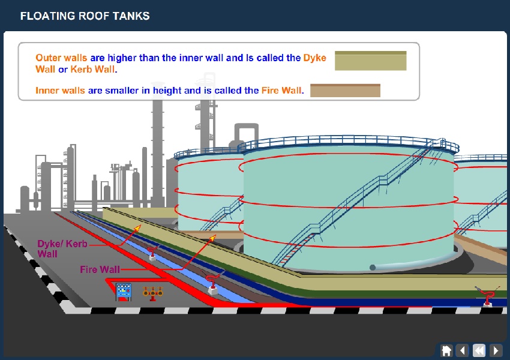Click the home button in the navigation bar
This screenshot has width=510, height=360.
446,350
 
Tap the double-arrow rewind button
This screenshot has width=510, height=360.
479,350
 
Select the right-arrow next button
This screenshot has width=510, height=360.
496,350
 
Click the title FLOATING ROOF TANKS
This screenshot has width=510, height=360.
85,16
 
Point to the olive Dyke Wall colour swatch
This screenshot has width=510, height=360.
370,61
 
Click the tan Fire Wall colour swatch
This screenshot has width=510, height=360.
345,91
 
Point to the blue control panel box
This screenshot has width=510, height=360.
124,292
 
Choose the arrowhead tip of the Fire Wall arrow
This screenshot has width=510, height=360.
215,236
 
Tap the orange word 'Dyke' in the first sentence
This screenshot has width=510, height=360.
314,58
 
